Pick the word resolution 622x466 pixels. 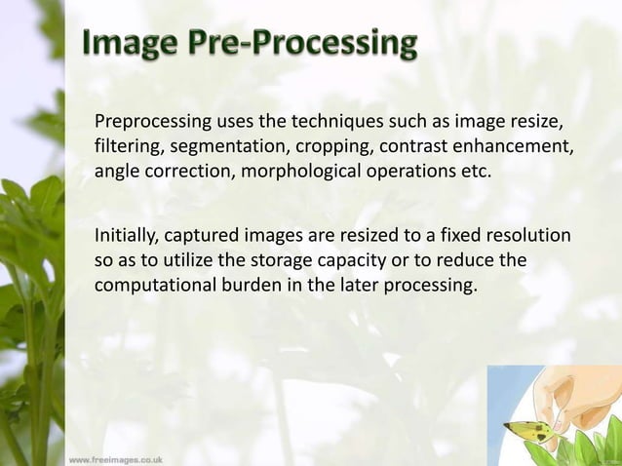[529, 237]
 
